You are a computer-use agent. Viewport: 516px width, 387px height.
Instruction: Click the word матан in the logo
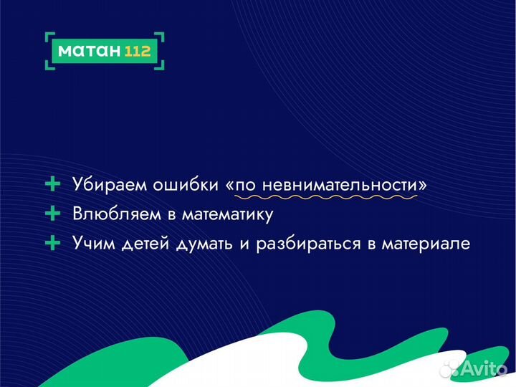pyautogui.click(x=87, y=51)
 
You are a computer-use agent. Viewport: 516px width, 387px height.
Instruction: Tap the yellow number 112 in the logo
pyautogui.click(x=138, y=51)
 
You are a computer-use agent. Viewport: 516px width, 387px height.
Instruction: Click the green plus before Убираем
pyautogui.click(x=52, y=184)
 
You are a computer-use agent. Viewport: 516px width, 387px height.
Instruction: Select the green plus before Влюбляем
pyautogui.click(x=52, y=214)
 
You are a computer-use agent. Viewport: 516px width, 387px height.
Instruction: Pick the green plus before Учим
pyautogui.click(x=52, y=244)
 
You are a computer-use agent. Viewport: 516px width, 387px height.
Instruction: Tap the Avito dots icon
pyautogui.click(x=449, y=368)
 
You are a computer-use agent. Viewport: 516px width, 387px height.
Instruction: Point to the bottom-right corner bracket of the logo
pyautogui.click(x=162, y=66)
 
